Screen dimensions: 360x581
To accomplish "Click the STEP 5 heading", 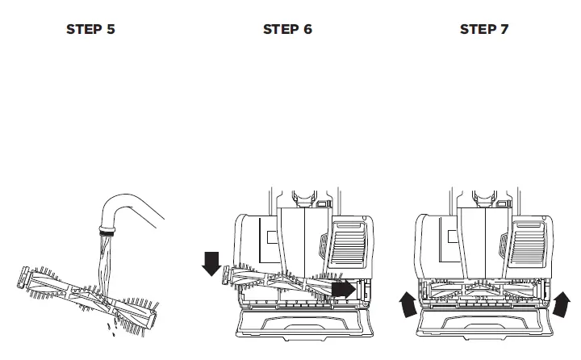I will click(x=90, y=30).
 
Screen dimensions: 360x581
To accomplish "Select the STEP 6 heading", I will click(x=287, y=30).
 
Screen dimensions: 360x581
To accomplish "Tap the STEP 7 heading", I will click(x=484, y=30).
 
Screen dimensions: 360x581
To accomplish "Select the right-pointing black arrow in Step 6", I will click(x=345, y=287).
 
